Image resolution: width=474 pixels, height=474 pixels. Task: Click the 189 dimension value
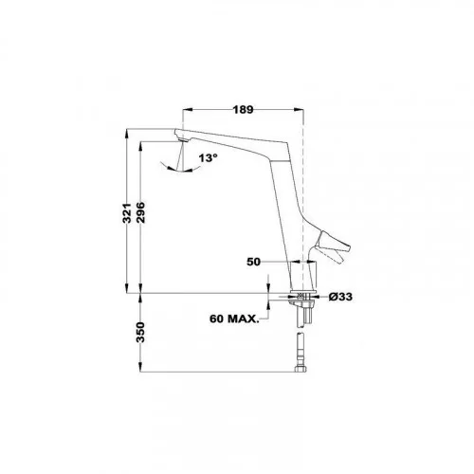click(x=243, y=110)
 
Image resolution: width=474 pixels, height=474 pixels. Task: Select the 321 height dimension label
click(x=127, y=213)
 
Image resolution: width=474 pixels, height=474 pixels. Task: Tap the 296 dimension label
click(x=140, y=212)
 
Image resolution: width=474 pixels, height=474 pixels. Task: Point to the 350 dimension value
click(x=140, y=332)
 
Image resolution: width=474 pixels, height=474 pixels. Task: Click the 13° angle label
click(x=209, y=157)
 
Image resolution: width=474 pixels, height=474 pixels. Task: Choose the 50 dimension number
click(x=253, y=262)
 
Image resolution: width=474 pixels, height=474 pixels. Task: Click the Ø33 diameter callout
click(x=340, y=297)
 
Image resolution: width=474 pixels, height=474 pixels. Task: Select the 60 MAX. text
click(x=234, y=319)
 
